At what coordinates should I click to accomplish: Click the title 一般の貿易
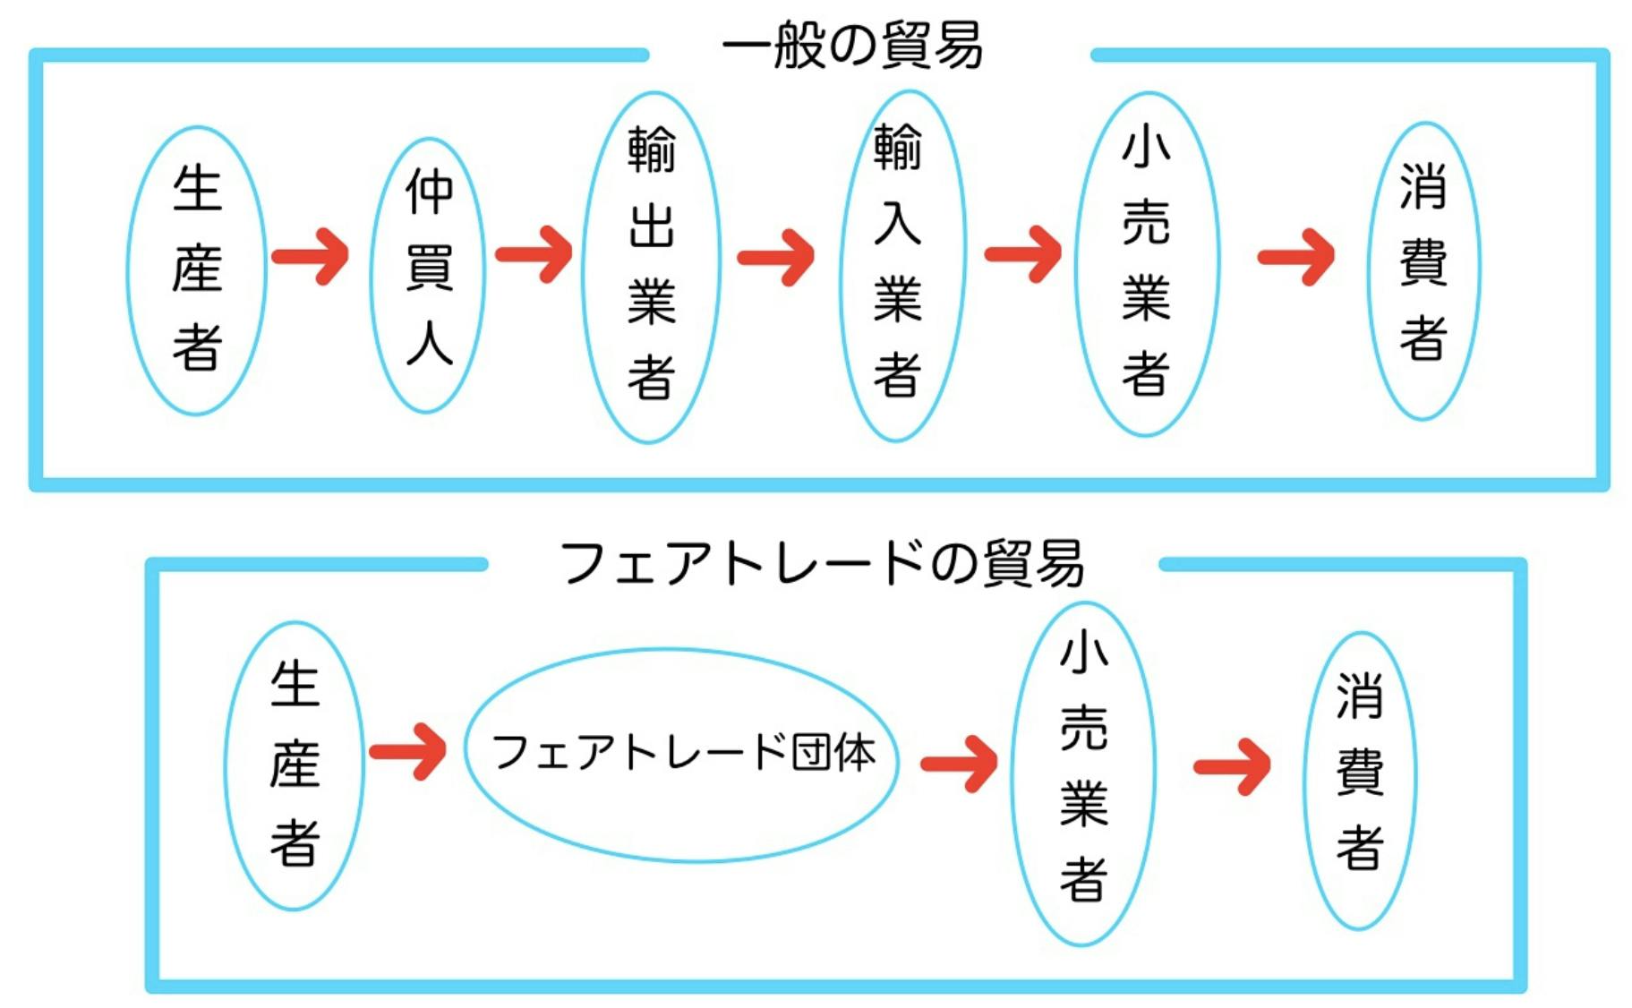pyautogui.click(x=851, y=45)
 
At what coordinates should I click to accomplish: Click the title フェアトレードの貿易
pyautogui.click(x=822, y=563)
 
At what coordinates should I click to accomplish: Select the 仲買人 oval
pyautogui.click(x=428, y=274)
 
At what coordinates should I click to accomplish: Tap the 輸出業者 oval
pyautogui.click(x=651, y=266)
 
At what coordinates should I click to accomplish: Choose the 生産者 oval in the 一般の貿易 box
pyautogui.click(x=196, y=269)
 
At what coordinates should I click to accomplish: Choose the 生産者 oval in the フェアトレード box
pyautogui.click(x=294, y=765)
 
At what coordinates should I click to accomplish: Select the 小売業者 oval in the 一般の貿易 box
pyautogui.click(x=1147, y=263)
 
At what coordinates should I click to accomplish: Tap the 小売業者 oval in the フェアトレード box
pyautogui.click(x=1083, y=772)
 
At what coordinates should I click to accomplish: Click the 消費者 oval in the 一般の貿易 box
pyautogui.click(x=1423, y=269)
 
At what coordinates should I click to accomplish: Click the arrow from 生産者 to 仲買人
pyautogui.click(x=311, y=257)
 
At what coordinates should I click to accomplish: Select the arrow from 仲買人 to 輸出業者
pyautogui.click(x=534, y=255)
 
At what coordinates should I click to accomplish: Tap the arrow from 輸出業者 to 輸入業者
pyautogui.click(x=776, y=258)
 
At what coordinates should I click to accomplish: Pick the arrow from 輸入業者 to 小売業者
pyautogui.click(x=1023, y=255)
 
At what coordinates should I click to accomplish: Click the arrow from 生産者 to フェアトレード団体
pyautogui.click(x=408, y=752)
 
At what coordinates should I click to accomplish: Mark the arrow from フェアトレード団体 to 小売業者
pyautogui.click(x=959, y=763)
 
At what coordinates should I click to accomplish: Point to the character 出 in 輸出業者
pyautogui.click(x=651, y=226)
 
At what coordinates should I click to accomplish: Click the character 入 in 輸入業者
pyautogui.click(x=897, y=223)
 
